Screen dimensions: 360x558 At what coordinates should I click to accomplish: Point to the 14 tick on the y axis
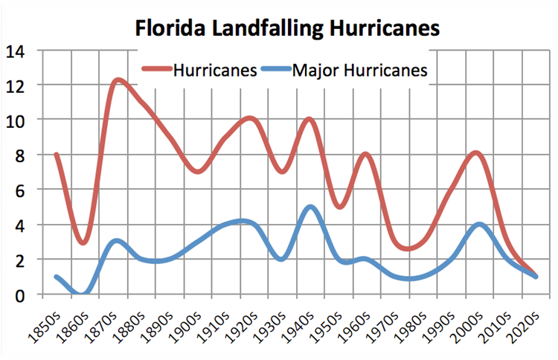[x=15, y=51]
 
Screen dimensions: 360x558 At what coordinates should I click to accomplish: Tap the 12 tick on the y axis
[x=15, y=86]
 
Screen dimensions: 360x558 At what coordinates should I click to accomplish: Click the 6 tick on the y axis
[x=18, y=190]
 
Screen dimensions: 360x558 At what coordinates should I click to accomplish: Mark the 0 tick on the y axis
[x=18, y=295]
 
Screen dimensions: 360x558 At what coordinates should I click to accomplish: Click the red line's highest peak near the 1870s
[x=117, y=80]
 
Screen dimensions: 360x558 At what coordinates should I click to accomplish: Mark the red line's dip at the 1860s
[x=83, y=242]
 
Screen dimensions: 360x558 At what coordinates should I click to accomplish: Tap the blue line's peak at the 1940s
[x=311, y=208]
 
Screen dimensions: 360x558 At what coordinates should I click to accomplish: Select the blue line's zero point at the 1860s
[x=83, y=294]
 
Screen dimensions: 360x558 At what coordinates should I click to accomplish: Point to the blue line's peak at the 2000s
[x=480, y=225]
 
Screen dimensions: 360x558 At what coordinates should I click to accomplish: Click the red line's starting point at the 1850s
[x=57, y=155]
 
